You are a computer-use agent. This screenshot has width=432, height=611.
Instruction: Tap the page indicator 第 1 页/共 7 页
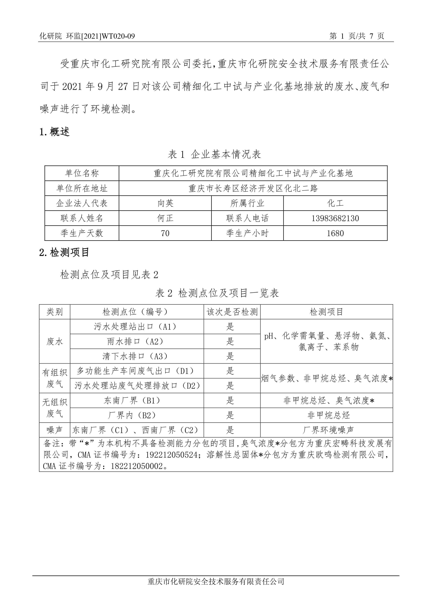click(357, 36)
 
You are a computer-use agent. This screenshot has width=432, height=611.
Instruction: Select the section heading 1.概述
click(55, 132)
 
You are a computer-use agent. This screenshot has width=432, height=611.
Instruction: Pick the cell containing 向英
click(165, 204)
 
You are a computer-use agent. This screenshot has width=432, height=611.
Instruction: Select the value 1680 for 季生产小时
click(335, 233)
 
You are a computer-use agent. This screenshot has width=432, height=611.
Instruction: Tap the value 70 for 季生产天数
click(165, 233)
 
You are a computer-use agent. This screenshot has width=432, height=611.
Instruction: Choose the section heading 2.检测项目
click(64, 252)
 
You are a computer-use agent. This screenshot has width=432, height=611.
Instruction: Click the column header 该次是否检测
click(232, 312)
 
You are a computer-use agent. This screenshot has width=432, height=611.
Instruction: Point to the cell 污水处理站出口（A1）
click(137, 326)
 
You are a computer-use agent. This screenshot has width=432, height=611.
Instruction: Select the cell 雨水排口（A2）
click(137, 341)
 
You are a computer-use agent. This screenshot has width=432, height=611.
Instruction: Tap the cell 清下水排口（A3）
click(137, 356)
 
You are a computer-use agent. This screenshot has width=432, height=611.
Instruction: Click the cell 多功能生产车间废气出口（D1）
click(137, 371)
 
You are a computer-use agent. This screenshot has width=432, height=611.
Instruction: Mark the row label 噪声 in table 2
click(55, 430)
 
